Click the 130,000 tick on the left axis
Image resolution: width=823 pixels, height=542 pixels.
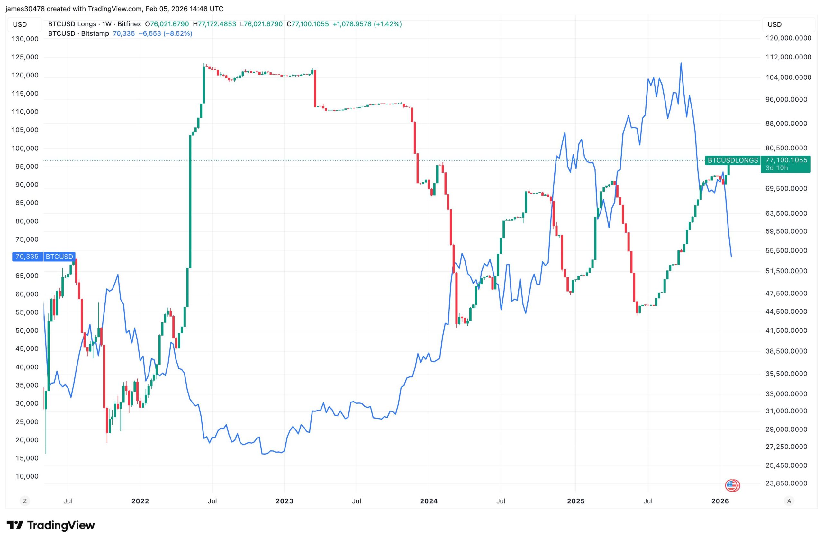[x=25, y=39]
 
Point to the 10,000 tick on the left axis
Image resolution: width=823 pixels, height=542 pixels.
[x=27, y=476]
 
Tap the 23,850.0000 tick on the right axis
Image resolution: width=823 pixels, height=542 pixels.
[x=786, y=483]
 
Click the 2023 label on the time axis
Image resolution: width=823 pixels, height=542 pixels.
[x=284, y=501]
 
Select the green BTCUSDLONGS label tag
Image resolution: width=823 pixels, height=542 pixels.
[x=732, y=160]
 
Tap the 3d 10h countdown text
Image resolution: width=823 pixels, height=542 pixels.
[x=777, y=168]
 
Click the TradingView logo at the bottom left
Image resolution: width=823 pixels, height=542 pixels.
[x=50, y=525]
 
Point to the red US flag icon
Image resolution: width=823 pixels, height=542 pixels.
[x=732, y=486]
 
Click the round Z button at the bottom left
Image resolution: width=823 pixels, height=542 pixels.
[x=24, y=501]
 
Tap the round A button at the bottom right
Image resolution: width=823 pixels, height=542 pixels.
[x=789, y=501]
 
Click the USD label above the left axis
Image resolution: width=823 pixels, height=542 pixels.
[x=20, y=24]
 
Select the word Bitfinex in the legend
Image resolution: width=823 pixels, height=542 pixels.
[x=129, y=24]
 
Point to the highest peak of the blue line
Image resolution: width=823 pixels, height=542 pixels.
[x=681, y=63]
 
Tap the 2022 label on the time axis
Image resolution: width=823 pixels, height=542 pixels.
[x=140, y=501]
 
